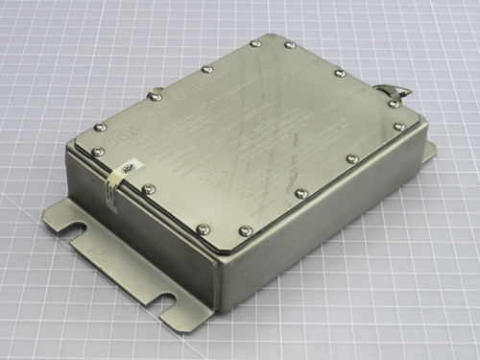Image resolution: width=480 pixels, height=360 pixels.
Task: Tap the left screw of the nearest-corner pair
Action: (204, 228)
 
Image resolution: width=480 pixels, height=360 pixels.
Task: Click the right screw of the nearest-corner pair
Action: (245, 231)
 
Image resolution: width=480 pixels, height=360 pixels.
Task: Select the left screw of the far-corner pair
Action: (254, 43)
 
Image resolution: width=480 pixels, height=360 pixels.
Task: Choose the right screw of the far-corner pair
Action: (289, 45)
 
